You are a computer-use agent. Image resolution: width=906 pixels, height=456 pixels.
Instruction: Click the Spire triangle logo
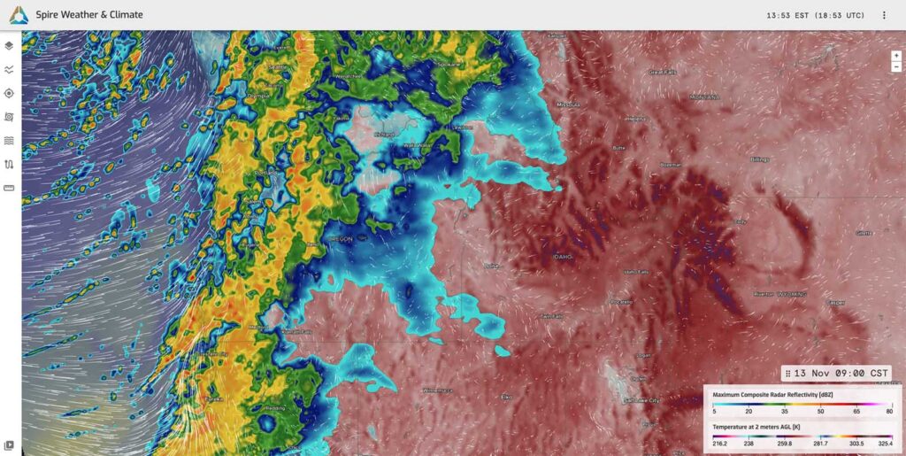[19, 15]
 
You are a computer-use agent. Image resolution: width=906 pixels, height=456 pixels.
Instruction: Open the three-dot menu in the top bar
[884, 15]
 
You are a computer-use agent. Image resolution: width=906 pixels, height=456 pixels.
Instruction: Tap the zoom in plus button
[896, 56]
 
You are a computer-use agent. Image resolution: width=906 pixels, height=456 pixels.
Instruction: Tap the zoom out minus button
[896, 66]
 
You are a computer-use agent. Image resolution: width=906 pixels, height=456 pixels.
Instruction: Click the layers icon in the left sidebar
[9, 45]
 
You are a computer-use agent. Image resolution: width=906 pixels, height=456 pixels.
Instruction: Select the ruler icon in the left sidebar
[9, 188]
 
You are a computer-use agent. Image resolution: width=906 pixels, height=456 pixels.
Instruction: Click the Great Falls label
[661, 72]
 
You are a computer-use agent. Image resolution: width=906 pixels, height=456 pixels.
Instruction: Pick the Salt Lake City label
[641, 400]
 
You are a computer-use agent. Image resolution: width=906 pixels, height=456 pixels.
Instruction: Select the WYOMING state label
[794, 292]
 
